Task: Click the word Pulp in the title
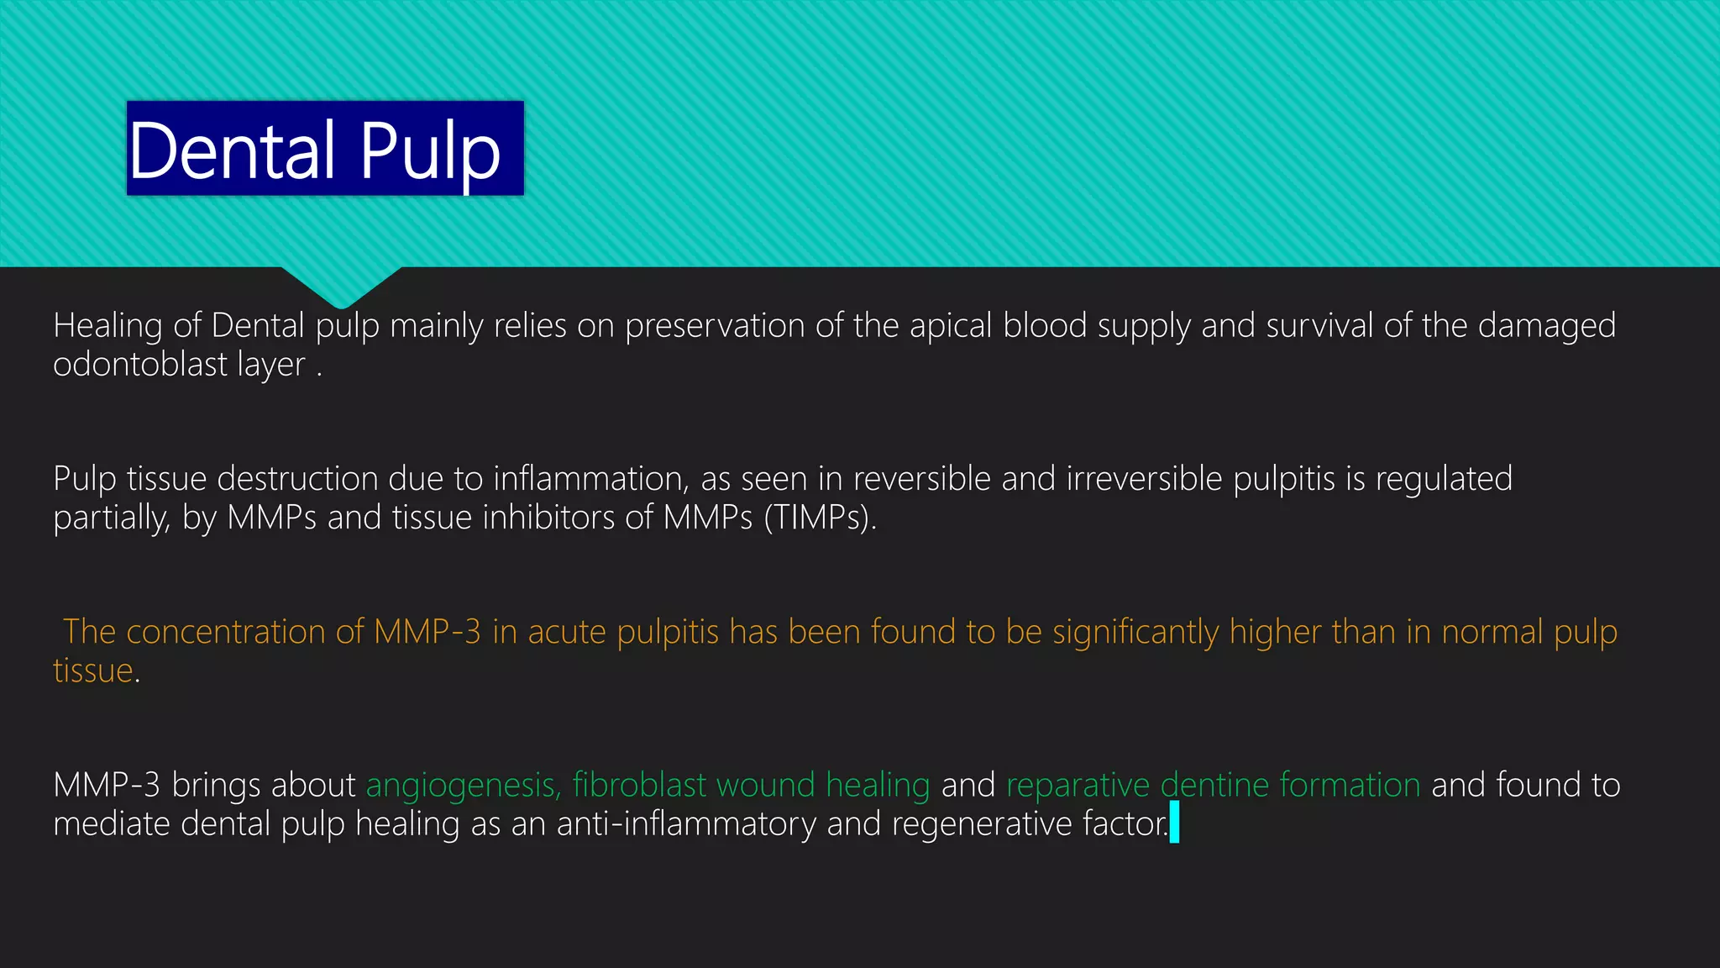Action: pos(430,151)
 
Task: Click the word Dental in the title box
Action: pos(233,151)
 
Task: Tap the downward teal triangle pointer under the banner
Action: pos(341,286)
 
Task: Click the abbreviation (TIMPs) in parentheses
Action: pos(819,518)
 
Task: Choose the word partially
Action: pos(111,518)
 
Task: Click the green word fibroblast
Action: pos(639,786)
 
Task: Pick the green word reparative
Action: pos(1078,786)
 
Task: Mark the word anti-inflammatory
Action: pos(686,824)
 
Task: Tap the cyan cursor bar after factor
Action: pos(1174,823)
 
